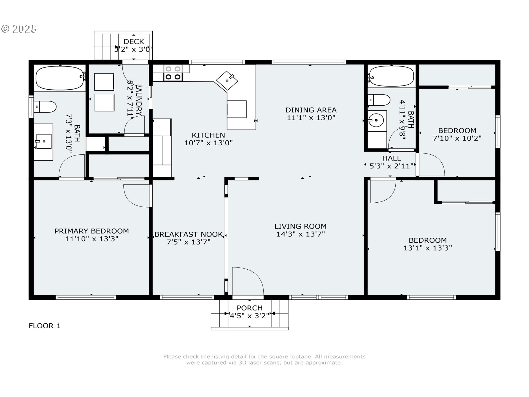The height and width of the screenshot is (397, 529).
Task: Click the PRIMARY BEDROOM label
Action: click(x=91, y=231)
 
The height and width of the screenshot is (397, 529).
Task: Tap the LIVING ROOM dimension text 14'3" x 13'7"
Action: click(x=301, y=234)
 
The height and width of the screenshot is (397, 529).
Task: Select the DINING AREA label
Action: click(x=311, y=110)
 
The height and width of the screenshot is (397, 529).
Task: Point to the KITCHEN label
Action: click(x=208, y=135)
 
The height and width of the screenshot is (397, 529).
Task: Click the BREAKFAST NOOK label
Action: click(x=188, y=234)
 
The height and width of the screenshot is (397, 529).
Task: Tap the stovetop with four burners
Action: click(x=173, y=73)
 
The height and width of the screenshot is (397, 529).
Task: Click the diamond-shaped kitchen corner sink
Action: click(x=227, y=80)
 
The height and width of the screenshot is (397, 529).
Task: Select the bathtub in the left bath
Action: click(x=60, y=78)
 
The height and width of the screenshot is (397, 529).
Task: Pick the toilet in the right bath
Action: click(x=379, y=100)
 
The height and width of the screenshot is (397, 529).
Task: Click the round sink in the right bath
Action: click(x=376, y=120)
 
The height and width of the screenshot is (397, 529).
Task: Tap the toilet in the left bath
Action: click(x=45, y=107)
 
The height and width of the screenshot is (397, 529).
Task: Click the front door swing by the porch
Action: click(x=248, y=281)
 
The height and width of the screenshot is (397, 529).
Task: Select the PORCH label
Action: click(x=250, y=308)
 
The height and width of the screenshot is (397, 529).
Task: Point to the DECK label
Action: click(x=134, y=42)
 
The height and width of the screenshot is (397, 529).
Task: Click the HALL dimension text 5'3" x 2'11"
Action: click(x=392, y=166)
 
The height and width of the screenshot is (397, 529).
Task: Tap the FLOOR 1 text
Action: click(x=45, y=326)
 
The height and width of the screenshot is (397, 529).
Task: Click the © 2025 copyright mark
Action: click(x=19, y=29)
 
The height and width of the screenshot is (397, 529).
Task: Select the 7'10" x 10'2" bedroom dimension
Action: click(x=457, y=138)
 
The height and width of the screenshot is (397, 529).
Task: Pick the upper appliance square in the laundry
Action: click(x=104, y=82)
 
